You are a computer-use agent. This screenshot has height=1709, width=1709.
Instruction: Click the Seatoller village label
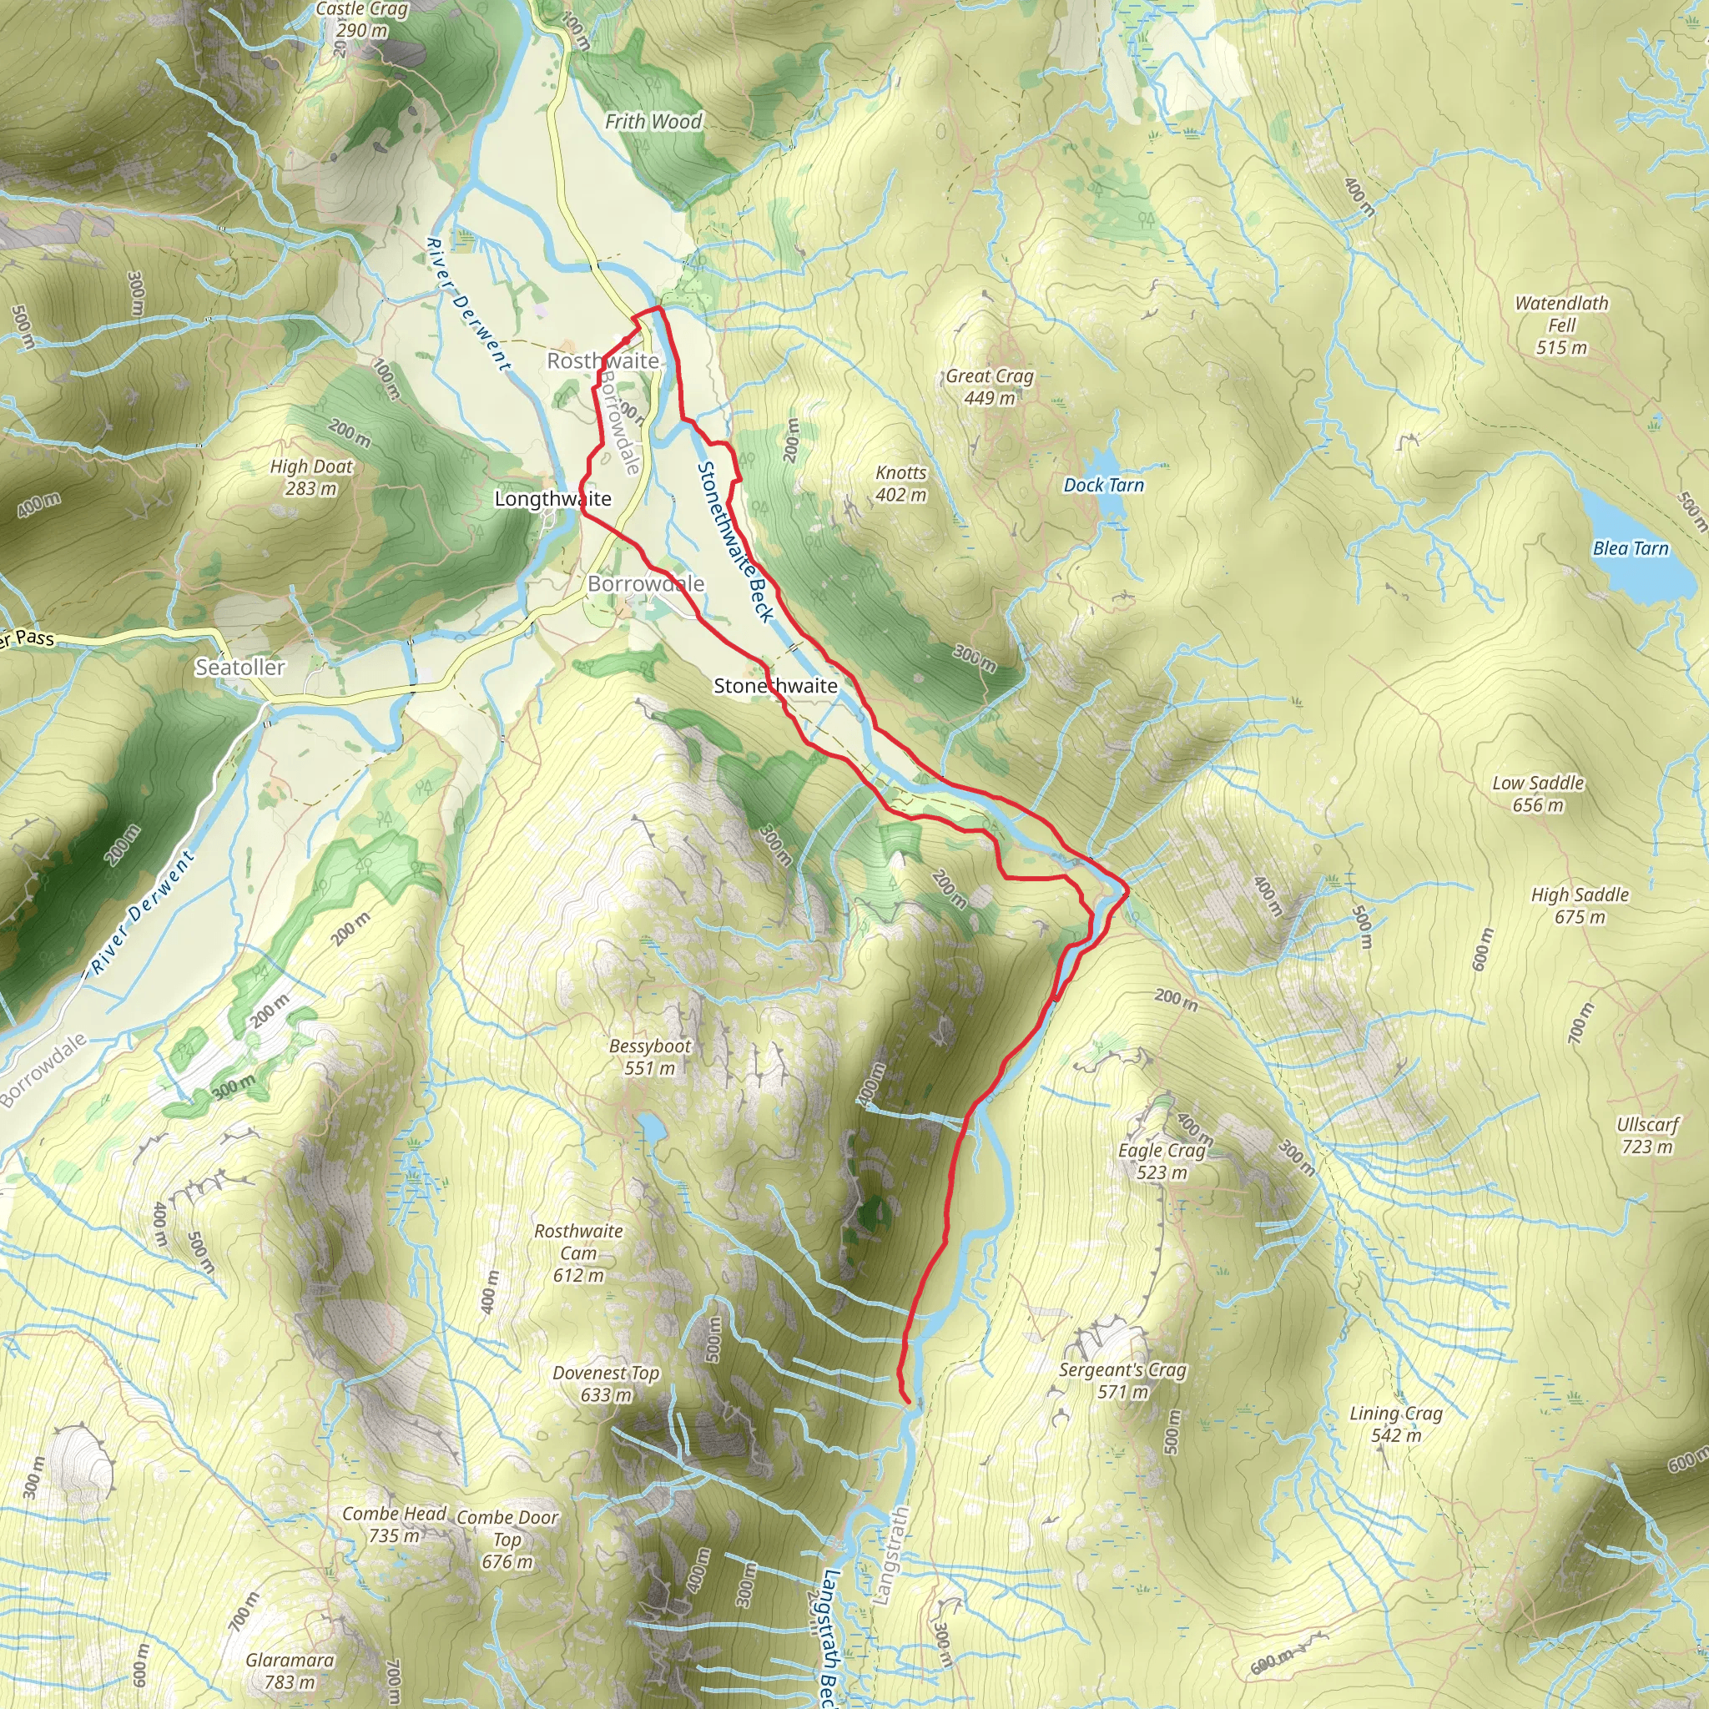pyautogui.click(x=239, y=667)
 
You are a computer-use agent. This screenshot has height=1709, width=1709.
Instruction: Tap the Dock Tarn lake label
pyautogui.click(x=1103, y=485)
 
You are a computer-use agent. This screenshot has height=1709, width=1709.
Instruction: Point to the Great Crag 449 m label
pyautogui.click(x=989, y=386)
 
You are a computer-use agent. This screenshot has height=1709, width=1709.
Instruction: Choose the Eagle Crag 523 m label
pyautogui.click(x=1161, y=1161)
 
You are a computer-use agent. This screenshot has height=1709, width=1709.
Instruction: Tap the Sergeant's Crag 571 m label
pyautogui.click(x=1122, y=1380)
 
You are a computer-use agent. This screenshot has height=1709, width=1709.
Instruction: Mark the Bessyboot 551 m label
pyautogui.click(x=649, y=1056)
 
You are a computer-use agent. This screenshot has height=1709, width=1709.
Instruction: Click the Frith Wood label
pyautogui.click(x=653, y=122)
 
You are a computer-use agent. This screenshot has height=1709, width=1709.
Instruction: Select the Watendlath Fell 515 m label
pyautogui.click(x=1561, y=325)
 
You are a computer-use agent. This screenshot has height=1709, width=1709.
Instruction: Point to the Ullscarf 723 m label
pyautogui.click(x=1646, y=1135)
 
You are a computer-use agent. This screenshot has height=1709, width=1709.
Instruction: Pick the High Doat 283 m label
pyautogui.click(x=310, y=476)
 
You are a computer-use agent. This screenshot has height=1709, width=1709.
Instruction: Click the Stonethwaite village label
pyautogui.click(x=775, y=686)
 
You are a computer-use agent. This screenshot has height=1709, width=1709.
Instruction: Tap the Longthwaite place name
pyautogui.click(x=552, y=499)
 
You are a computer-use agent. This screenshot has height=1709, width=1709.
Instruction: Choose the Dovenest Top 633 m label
pyautogui.click(x=606, y=1384)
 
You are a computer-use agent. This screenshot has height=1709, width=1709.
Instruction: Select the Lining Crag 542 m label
pyautogui.click(x=1395, y=1424)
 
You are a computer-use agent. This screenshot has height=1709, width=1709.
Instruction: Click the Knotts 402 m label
pyautogui.click(x=900, y=483)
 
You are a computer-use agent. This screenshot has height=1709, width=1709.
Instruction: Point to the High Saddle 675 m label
pyautogui.click(x=1579, y=905)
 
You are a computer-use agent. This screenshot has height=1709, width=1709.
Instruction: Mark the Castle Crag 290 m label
pyautogui.click(x=362, y=19)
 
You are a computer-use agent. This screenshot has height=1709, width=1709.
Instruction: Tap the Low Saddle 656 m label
pyautogui.click(x=1537, y=794)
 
